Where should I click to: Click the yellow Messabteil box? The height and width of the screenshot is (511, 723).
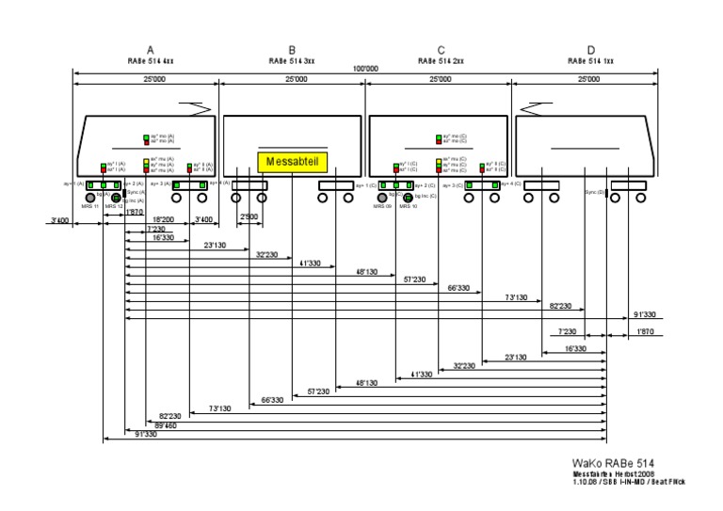click(294, 161)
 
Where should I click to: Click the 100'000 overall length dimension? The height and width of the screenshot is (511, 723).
click(365, 69)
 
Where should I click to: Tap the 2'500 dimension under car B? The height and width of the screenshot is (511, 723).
click(249, 218)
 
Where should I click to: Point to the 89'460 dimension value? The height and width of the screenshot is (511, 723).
click(165, 424)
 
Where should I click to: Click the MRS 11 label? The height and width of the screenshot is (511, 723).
click(89, 206)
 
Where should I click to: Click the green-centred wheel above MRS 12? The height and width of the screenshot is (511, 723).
click(116, 198)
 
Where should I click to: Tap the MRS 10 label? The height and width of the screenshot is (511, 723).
click(408, 206)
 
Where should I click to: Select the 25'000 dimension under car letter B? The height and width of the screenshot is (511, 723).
click(294, 81)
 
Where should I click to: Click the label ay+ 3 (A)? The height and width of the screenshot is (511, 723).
click(160, 184)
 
